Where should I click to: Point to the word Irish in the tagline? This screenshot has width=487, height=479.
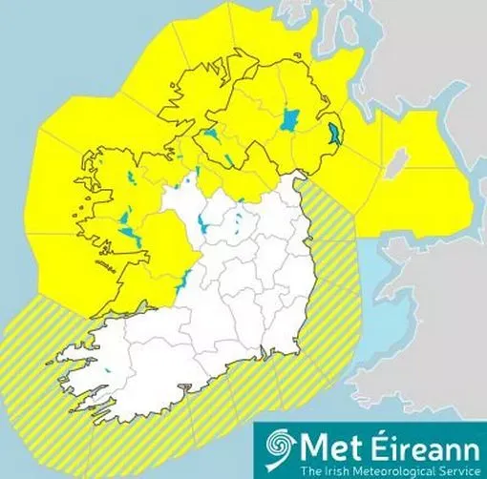pos(330,470)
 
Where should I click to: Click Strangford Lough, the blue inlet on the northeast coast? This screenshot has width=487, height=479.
pos(333,134)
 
